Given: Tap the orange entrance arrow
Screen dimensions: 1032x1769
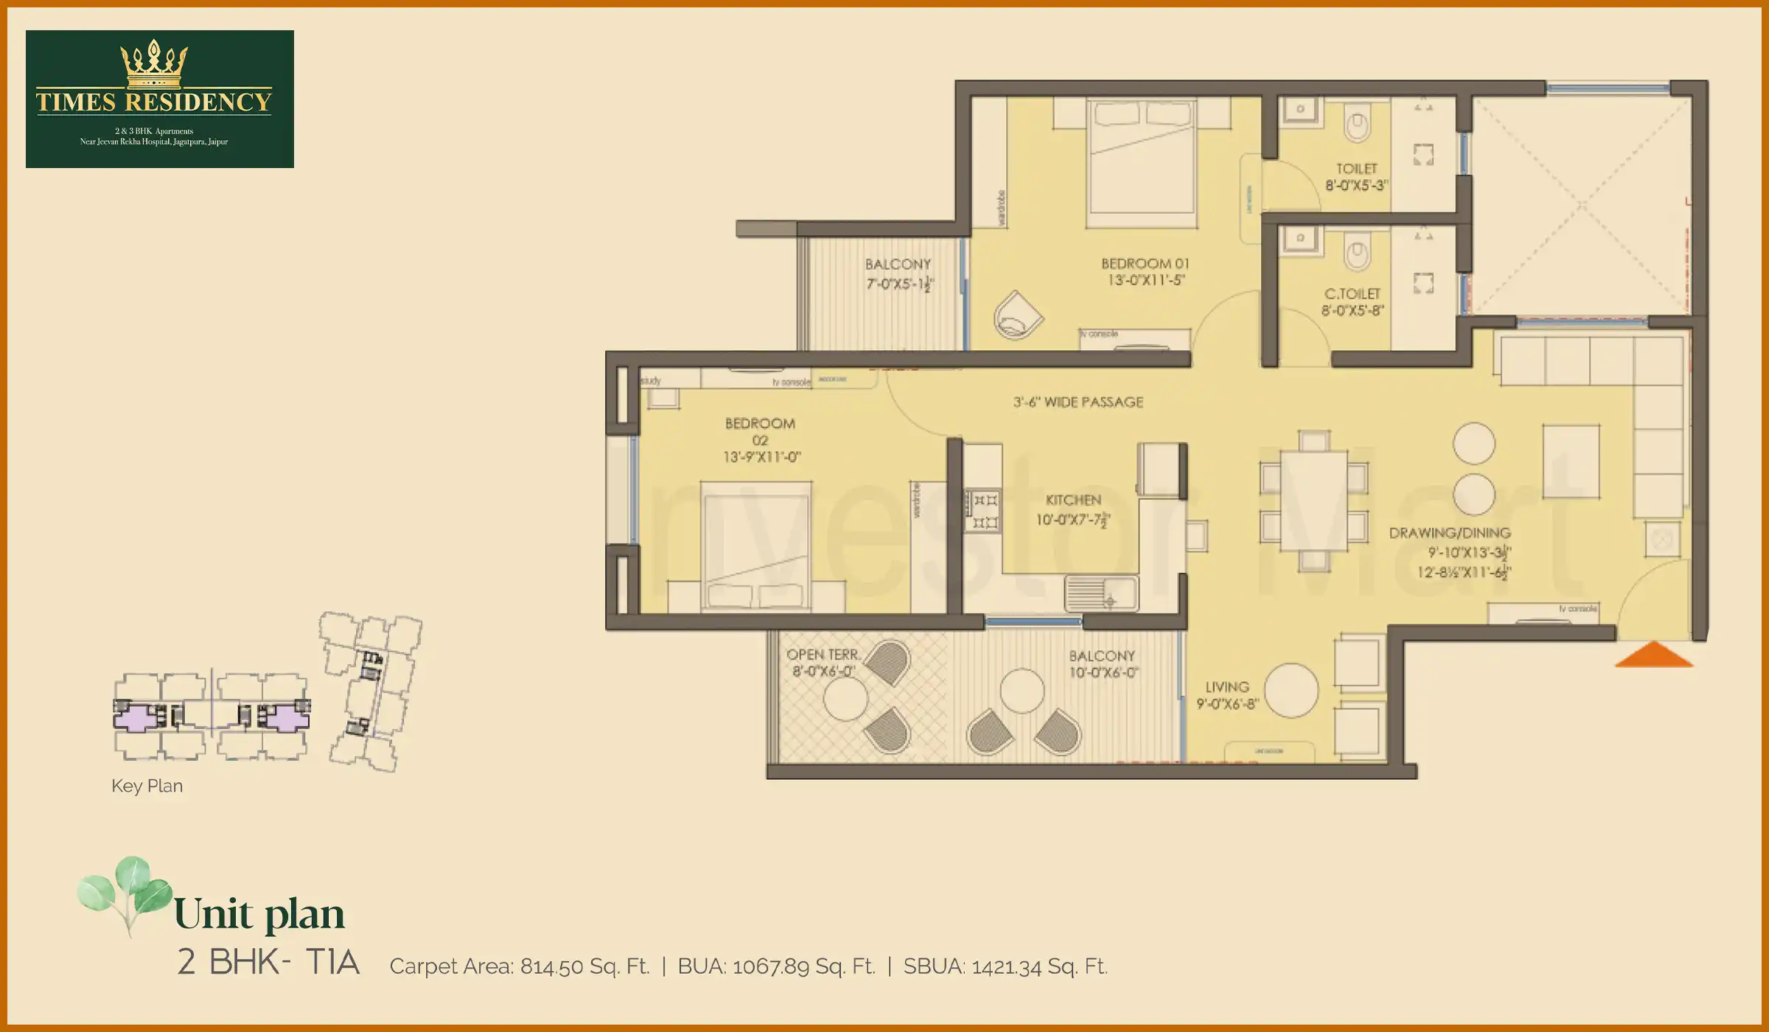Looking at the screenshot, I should click(1653, 655).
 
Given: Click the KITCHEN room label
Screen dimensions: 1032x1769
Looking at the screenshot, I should click(1073, 500).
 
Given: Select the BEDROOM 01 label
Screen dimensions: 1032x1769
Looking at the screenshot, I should click(1145, 264).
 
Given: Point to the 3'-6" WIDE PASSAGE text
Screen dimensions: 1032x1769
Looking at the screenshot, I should click(1078, 402).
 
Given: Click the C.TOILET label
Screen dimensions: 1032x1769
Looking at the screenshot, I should click(1352, 293).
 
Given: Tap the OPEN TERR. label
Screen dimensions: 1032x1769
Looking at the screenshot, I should click(823, 655).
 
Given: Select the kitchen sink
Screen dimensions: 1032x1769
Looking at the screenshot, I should click(1101, 593).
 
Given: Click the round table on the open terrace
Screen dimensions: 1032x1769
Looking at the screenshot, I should click(845, 698).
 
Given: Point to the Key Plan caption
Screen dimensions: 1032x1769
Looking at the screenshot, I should click(147, 786).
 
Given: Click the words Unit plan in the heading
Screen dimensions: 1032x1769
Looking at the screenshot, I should click(259, 914).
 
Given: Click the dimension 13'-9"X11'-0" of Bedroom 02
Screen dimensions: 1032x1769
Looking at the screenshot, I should click(761, 457).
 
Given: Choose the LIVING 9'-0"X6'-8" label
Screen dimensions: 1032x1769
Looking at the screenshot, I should click(1227, 695).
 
